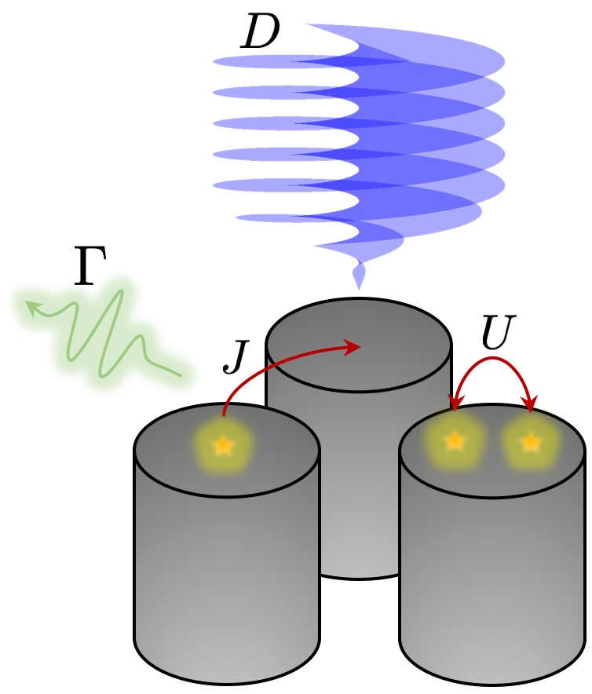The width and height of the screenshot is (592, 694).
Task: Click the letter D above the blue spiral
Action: pos(260,34)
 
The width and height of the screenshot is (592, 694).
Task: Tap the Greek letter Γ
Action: pos(90,268)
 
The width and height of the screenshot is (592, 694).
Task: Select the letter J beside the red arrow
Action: pos(236,357)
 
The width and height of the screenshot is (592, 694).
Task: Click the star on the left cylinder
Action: pos(224,446)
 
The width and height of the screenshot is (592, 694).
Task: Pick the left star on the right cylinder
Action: pos(455,441)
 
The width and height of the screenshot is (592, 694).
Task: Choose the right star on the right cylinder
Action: pos(532,443)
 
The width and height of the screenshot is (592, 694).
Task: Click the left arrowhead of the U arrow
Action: pos(454,404)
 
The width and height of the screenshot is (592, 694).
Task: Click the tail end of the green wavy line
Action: pos(181,375)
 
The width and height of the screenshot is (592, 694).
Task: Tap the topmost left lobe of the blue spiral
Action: pos(259,61)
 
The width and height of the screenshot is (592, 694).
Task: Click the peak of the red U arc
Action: pos(493,360)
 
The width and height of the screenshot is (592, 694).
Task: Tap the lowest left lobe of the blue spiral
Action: pos(275,217)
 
